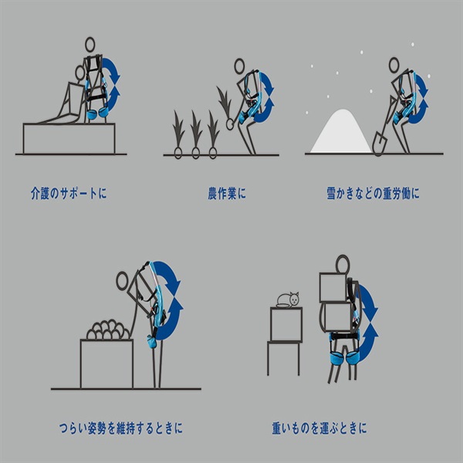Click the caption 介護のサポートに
(69, 194)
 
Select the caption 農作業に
(227, 194)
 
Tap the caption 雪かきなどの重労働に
(373, 194)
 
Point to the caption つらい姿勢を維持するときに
(121, 428)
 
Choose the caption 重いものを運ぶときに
(319, 428)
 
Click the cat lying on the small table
(288, 300)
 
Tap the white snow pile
(341, 132)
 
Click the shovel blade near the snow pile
(380, 143)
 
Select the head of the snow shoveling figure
(394, 65)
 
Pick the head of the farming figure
(239, 66)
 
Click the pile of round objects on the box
(108, 330)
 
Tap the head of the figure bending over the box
(122, 281)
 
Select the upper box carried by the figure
(333, 287)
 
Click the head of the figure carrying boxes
(343, 264)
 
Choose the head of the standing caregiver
(90, 45)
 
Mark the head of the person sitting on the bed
(80, 73)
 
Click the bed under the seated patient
(69, 138)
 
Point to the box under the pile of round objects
(107, 363)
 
